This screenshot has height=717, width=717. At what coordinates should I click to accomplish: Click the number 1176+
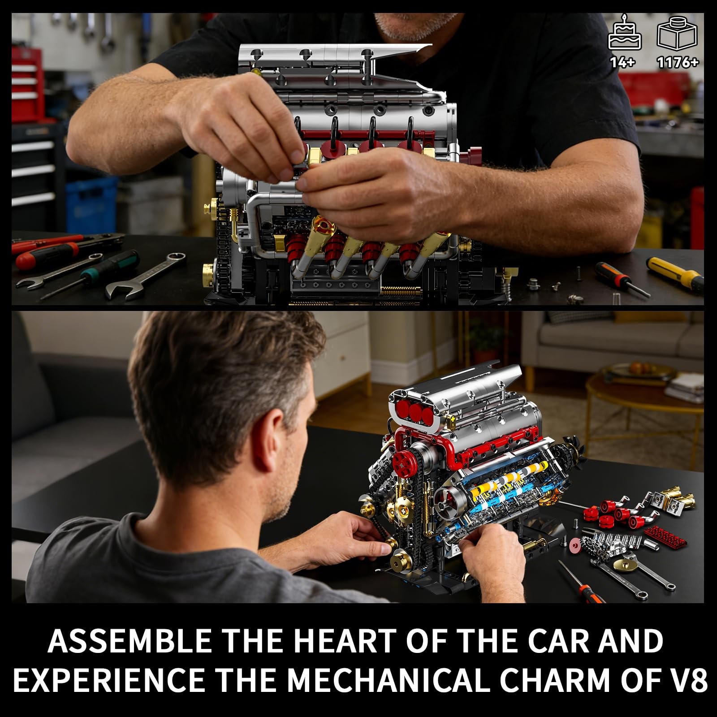coord(678,62)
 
